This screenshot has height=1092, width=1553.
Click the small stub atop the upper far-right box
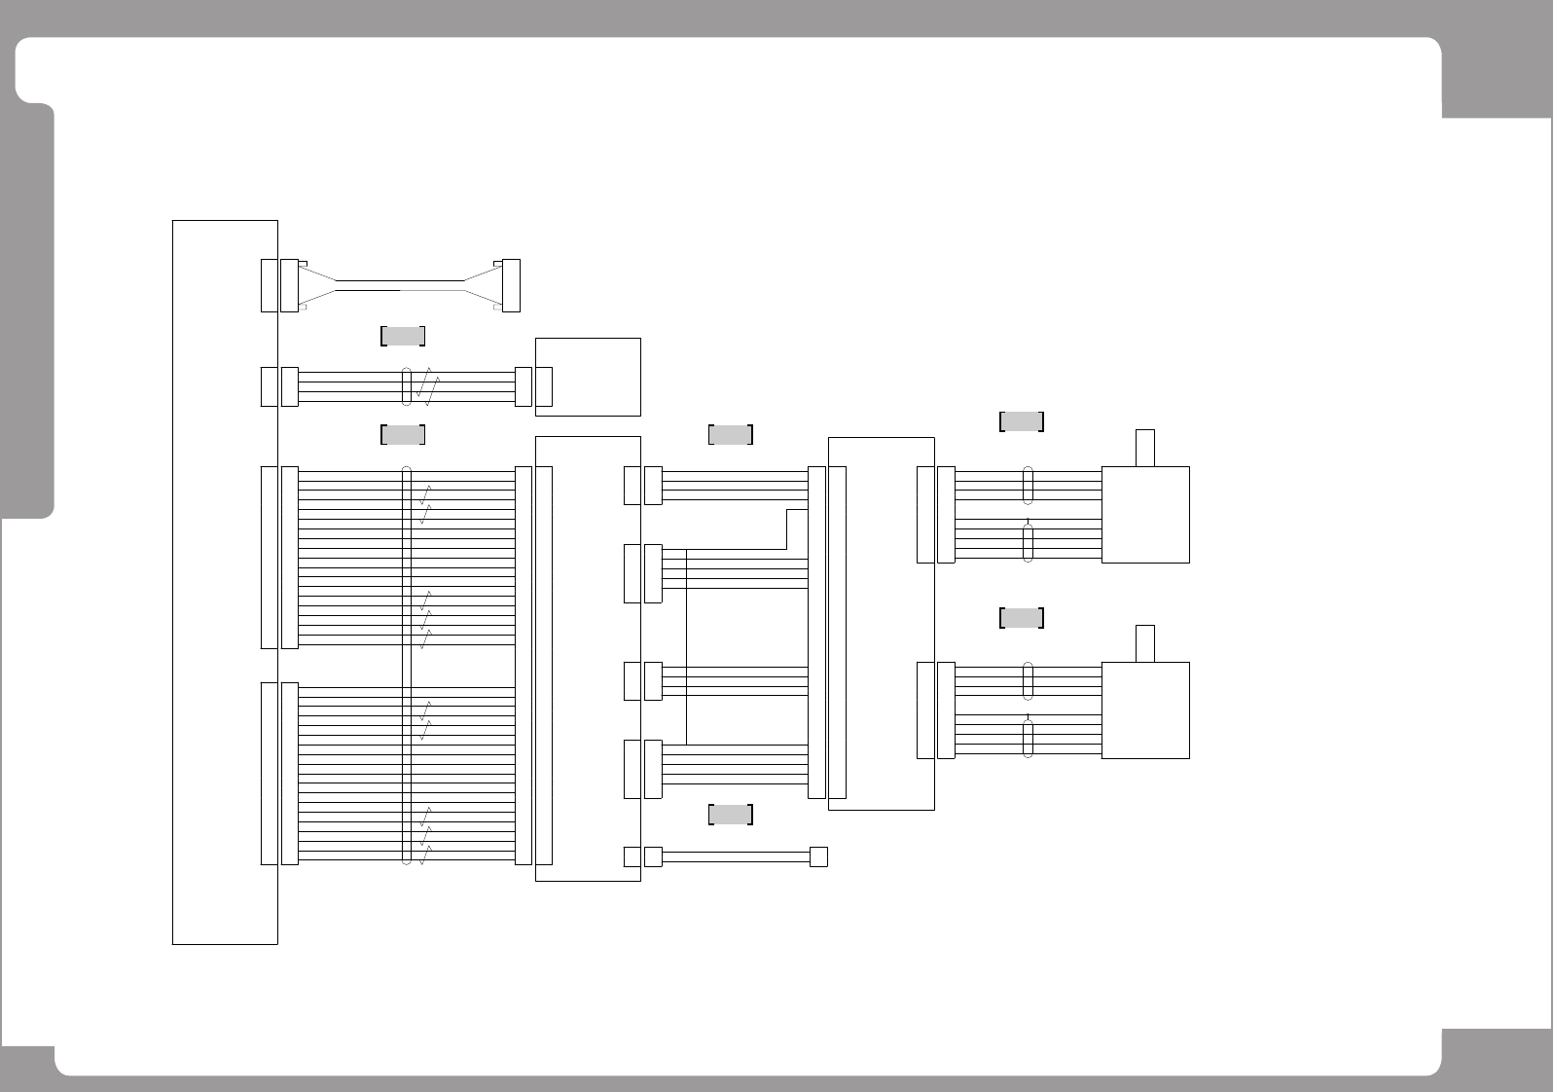[x=1145, y=448]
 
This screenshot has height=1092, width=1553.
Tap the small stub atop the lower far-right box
[x=1145, y=643]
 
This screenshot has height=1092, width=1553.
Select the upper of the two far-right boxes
[x=1145, y=514]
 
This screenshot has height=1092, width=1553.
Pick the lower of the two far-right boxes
[x=1145, y=710]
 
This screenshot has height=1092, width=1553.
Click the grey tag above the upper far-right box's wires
[x=1022, y=421]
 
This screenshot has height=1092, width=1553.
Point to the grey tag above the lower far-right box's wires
[x=1022, y=618]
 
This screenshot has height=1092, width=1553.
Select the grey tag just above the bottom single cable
[x=731, y=815]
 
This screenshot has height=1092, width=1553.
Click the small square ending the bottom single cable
[x=818, y=856]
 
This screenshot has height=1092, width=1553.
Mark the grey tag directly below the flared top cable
[x=402, y=337]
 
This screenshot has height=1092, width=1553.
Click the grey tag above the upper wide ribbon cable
[x=402, y=434]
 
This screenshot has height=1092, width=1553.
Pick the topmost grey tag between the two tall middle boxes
[x=731, y=434]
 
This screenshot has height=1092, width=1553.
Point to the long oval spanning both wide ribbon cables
[x=407, y=665]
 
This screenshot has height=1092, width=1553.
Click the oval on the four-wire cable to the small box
[x=407, y=386]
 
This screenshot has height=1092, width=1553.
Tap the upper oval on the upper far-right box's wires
[x=1028, y=486]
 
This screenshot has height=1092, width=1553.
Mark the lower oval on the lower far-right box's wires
[x=1028, y=738]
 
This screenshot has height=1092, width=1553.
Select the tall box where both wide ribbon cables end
[x=588, y=659]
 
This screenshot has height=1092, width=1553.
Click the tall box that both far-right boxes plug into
[x=881, y=623]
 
